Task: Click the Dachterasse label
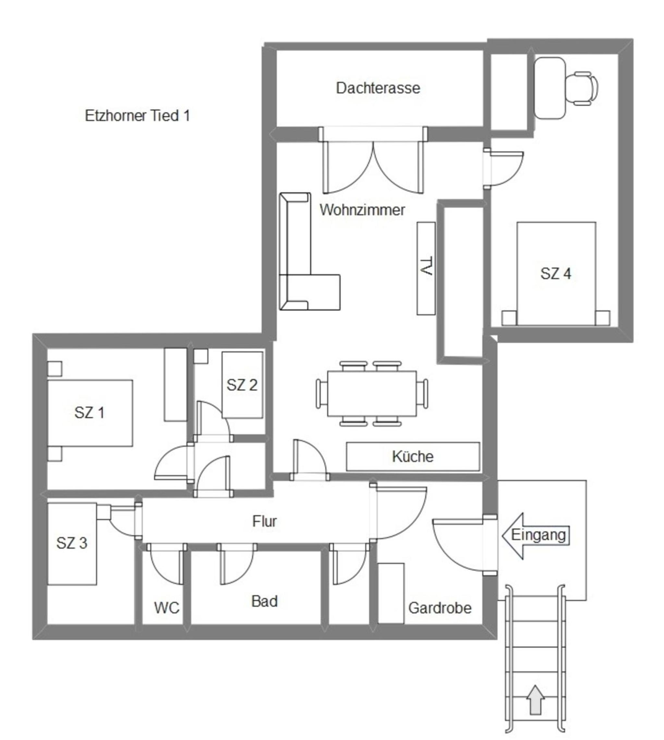[378, 88]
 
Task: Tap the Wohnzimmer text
[362, 210]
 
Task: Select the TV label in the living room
[426, 266]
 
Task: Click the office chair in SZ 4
[582, 88]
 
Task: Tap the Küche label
[413, 456]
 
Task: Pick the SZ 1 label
[90, 413]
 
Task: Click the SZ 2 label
[242, 385]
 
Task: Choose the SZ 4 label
[555, 273]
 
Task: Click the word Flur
[264, 521]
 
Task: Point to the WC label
[166, 608]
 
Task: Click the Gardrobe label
[440, 608]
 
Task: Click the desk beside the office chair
[550, 88]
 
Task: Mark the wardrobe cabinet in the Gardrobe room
[391, 593]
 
